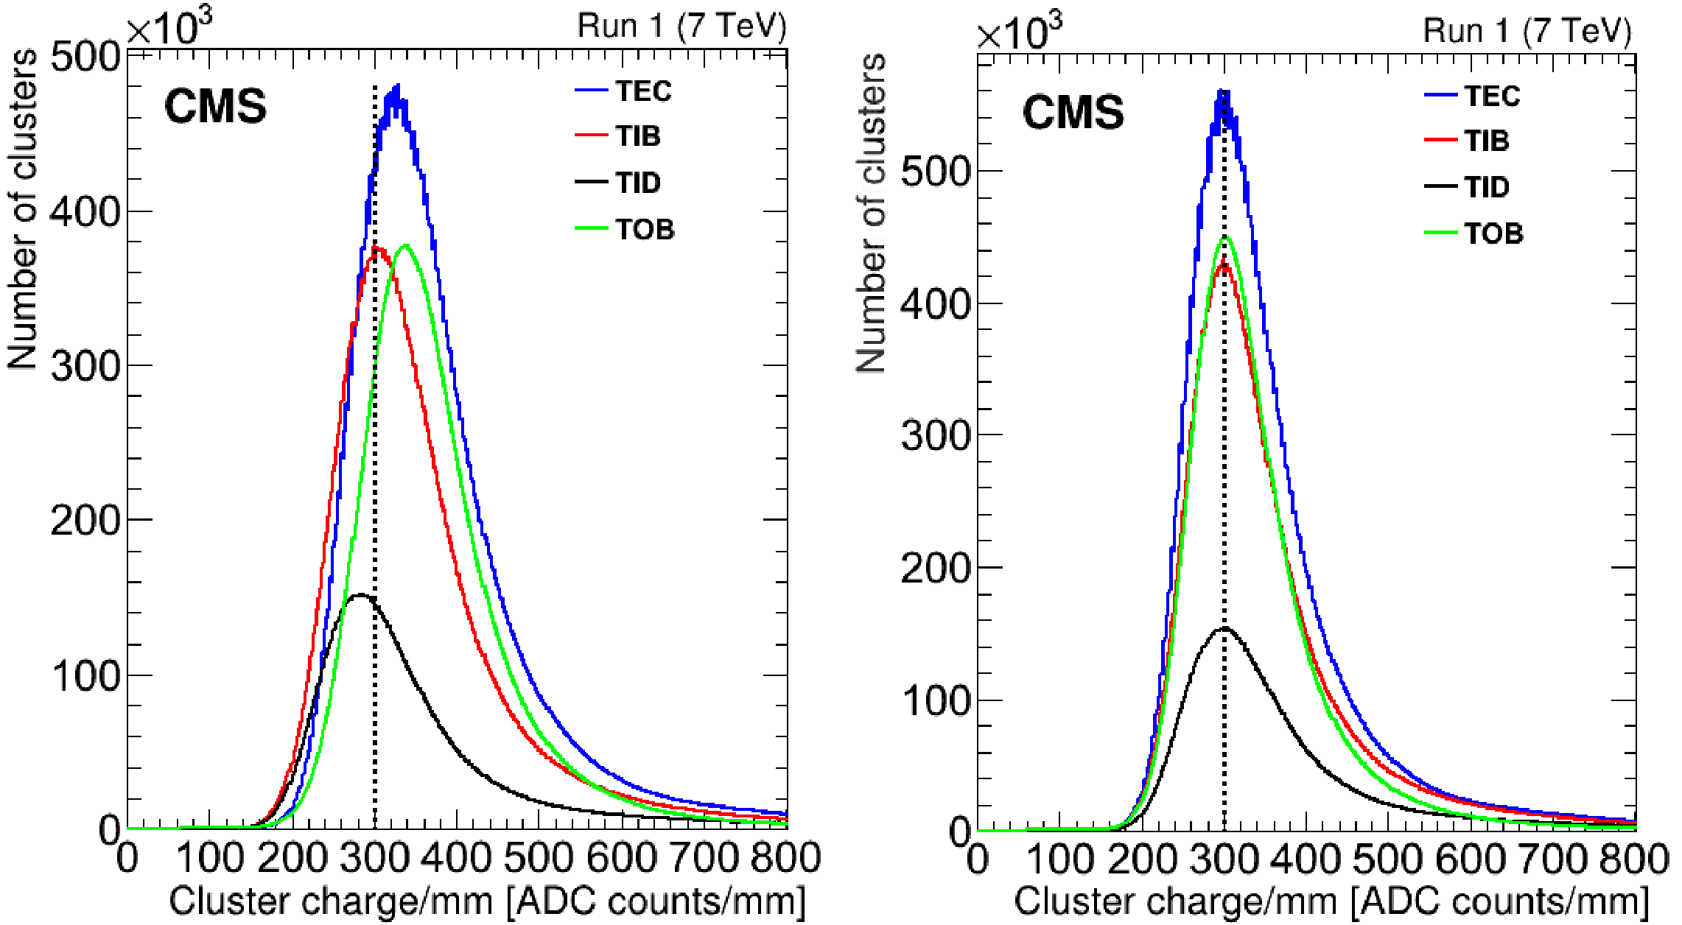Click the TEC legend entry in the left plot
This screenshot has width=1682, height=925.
click(x=643, y=91)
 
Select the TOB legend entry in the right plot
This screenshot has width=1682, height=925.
click(x=1493, y=233)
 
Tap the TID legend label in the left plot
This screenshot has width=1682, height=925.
click(x=638, y=183)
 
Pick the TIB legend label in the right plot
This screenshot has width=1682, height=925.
click(x=1487, y=141)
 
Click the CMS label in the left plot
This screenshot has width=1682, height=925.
click(x=215, y=107)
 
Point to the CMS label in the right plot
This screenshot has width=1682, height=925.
click(x=1073, y=113)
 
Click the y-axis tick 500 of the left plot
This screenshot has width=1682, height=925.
click(x=85, y=57)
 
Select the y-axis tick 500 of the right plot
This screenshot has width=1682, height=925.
click(x=934, y=172)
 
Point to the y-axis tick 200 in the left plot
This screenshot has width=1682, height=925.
click(x=85, y=520)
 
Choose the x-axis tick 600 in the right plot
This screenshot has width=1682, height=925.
click(x=1471, y=860)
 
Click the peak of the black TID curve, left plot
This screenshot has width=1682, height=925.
click(x=360, y=595)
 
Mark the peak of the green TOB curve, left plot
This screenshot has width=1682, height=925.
click(x=406, y=246)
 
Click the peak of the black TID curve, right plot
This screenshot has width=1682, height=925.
click(x=1224, y=628)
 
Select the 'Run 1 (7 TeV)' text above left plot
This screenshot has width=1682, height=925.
click(x=681, y=27)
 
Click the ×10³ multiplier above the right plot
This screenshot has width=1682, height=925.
click(x=1019, y=33)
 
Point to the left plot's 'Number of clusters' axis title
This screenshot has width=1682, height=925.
click(x=22, y=210)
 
